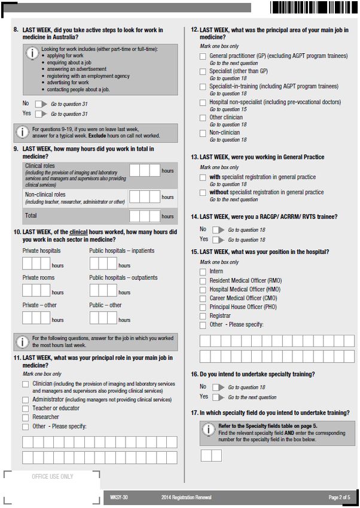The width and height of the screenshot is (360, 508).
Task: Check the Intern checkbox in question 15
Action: click(203, 272)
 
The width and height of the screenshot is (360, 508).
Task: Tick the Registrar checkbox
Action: click(203, 316)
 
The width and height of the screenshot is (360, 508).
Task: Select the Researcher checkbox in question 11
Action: click(26, 418)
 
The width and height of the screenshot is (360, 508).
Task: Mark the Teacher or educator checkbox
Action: click(26, 409)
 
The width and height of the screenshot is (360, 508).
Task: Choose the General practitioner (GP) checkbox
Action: click(203, 57)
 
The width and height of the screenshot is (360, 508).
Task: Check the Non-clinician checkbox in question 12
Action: click(203, 133)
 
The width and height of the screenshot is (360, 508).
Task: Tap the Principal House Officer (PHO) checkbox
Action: click(203, 307)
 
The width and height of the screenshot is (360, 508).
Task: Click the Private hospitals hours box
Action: click(36, 263)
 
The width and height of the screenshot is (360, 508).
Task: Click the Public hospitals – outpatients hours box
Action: click(103, 290)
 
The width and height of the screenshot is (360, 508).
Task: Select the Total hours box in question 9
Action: click(145, 216)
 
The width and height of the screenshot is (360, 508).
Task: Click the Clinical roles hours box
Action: click(145, 171)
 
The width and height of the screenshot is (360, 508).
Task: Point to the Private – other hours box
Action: click(36, 317)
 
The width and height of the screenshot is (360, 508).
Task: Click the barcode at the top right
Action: click(313, 8)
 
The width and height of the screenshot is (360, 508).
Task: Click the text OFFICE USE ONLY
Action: click(53, 477)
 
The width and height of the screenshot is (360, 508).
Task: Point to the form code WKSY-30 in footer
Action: click(119, 497)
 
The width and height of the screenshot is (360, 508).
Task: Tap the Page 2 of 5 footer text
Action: click(339, 497)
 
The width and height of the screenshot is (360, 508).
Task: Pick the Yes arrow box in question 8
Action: click(41, 114)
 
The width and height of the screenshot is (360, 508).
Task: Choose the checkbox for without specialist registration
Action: click(203, 193)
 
